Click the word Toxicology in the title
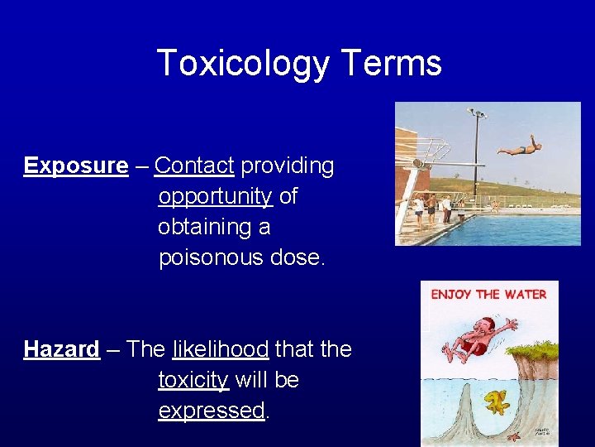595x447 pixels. click(239, 64)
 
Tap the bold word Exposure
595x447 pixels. click(76, 166)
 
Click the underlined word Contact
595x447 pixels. click(194, 166)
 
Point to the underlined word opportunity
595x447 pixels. click(215, 197)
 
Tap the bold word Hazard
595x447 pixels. click(61, 349)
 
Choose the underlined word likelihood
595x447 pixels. click(220, 349)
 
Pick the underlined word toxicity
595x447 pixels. click(193, 380)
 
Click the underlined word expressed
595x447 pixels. click(211, 411)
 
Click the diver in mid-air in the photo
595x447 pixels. click(520, 148)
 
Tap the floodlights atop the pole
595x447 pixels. click(476, 113)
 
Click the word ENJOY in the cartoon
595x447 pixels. click(452, 294)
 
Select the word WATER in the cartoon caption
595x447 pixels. click(526, 294)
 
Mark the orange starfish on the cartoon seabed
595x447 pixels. click(512, 436)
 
